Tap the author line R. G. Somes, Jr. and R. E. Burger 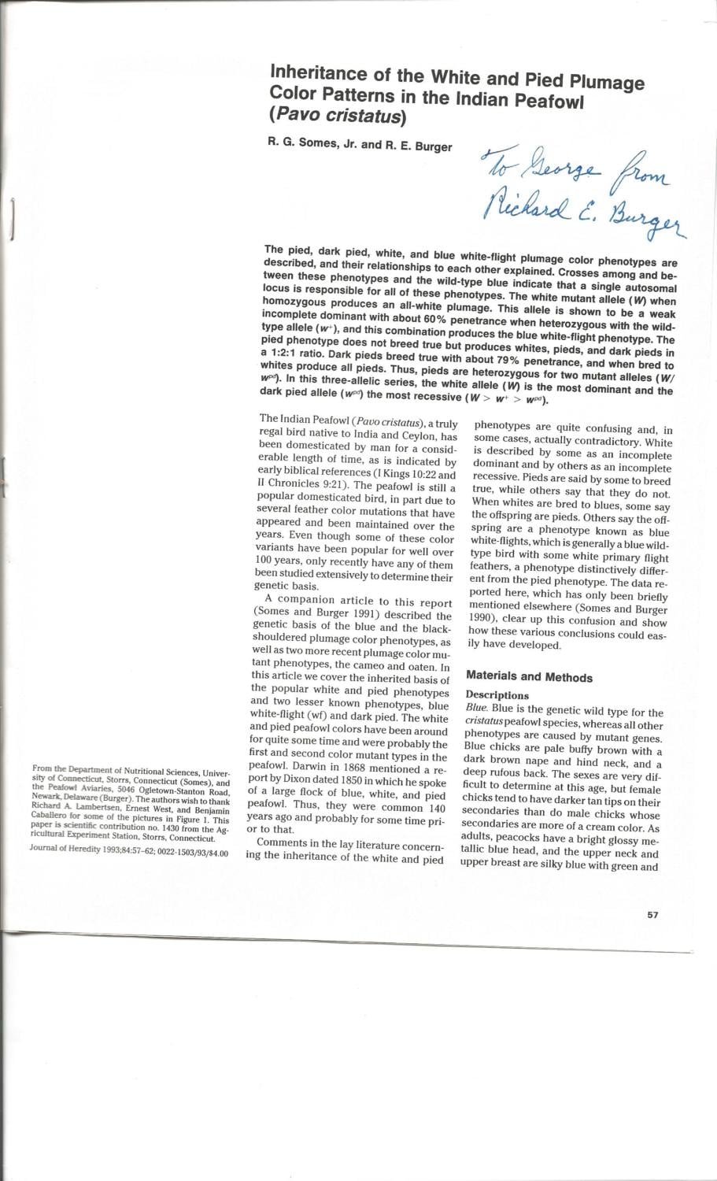(x=360, y=146)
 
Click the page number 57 (x=652, y=915)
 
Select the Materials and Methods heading (x=529, y=677)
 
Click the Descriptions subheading (x=497, y=695)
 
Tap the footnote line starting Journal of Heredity (x=128, y=851)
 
